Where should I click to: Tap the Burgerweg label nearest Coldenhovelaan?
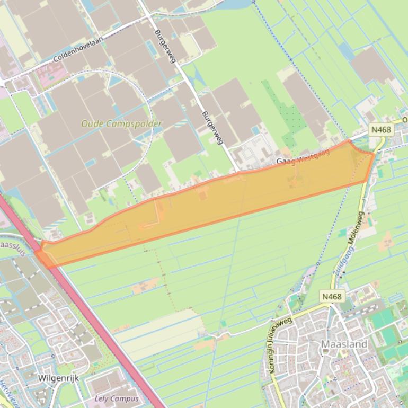(x=165, y=46)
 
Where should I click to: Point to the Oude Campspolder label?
(x=121, y=123)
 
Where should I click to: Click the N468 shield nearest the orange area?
(x=381, y=130)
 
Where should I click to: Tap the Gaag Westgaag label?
(x=303, y=157)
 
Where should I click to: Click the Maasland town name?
(x=344, y=344)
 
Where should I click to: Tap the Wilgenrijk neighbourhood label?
(x=58, y=378)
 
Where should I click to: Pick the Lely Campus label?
(x=117, y=398)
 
